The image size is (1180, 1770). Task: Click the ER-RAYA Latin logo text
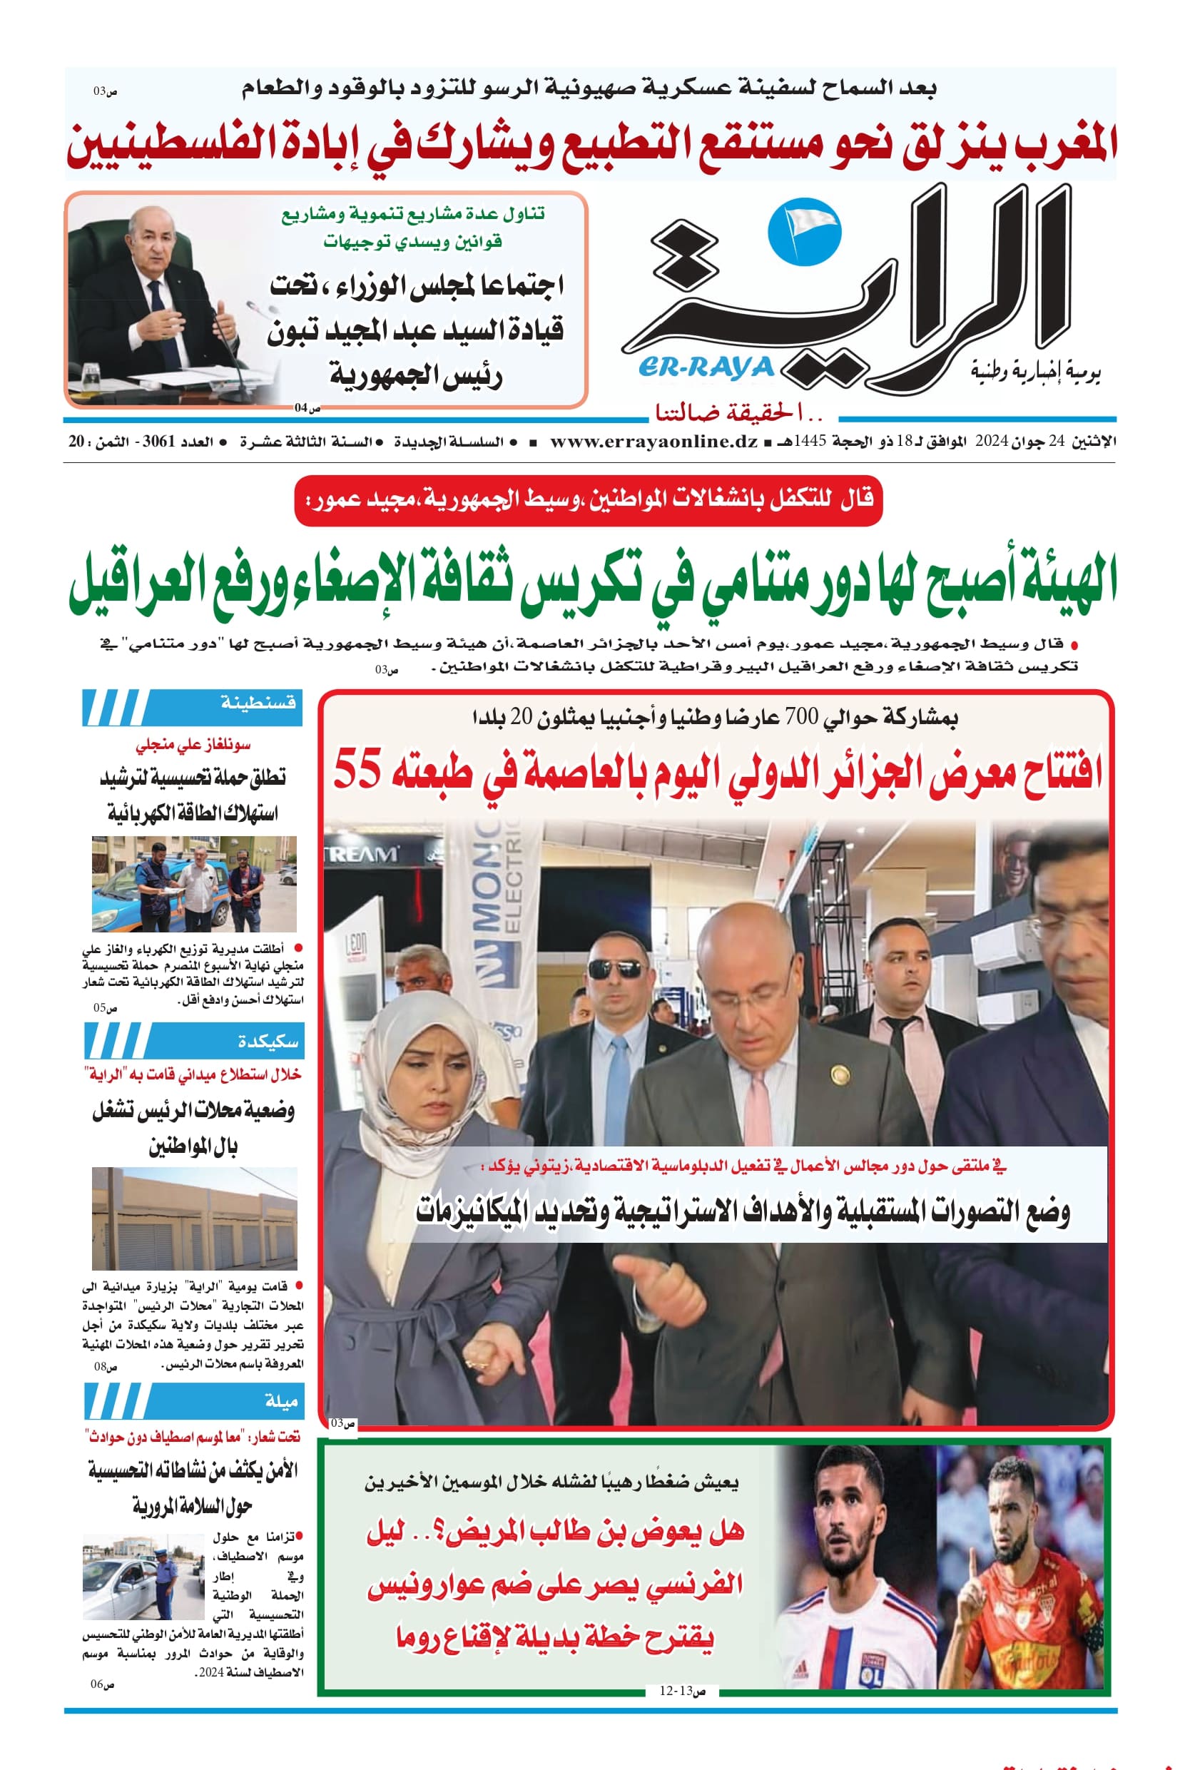pos(706,367)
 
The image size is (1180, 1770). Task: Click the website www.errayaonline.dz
pos(653,442)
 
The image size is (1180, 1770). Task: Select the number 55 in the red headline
pos(357,770)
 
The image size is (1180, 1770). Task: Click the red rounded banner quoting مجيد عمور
pos(588,499)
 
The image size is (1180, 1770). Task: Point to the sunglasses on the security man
pos(615,970)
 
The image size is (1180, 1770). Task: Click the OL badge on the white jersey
pos(872,1672)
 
